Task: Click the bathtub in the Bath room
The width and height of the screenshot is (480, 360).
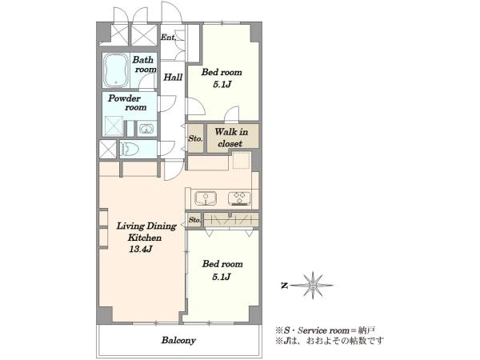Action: (116, 70)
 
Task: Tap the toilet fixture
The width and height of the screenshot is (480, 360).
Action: (130, 150)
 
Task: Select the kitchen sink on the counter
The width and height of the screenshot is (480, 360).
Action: (206, 198)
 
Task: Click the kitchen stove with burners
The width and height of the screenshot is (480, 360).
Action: (239, 198)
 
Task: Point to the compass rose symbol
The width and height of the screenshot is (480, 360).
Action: (312, 286)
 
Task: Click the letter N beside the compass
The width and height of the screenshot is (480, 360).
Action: (284, 286)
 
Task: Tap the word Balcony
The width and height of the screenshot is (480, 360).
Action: (178, 340)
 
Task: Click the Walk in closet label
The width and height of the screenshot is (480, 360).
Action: (231, 138)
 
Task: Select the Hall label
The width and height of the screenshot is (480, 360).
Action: (173, 77)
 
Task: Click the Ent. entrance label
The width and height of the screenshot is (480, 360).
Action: (168, 38)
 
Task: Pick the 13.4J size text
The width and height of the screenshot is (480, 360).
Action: (141, 249)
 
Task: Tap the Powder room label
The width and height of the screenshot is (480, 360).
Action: (127, 102)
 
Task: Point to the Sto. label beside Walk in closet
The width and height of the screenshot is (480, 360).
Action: (195, 138)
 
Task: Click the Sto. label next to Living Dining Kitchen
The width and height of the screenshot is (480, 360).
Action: (194, 220)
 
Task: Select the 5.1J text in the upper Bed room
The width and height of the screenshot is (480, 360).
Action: (222, 85)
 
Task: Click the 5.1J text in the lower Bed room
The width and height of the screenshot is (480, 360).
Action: (222, 277)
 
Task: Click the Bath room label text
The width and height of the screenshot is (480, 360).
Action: (144, 64)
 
